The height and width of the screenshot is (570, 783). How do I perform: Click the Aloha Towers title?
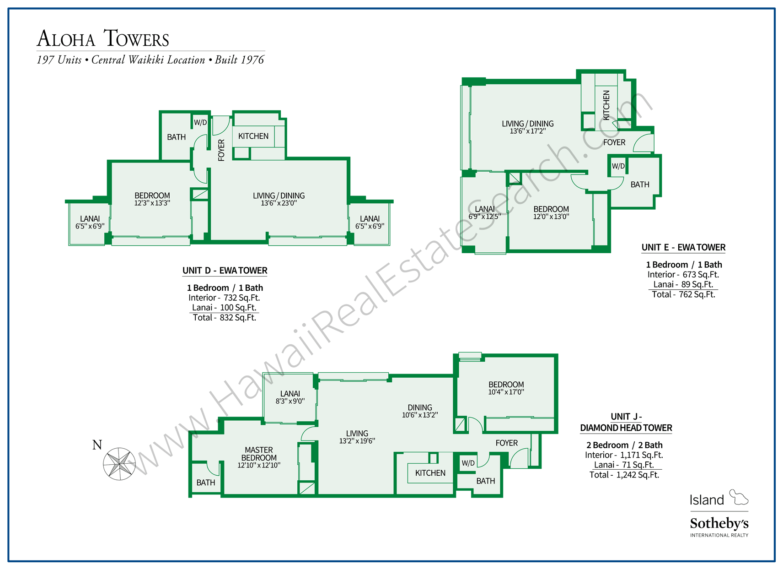[103, 38]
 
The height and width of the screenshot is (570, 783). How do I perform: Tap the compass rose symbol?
[119, 464]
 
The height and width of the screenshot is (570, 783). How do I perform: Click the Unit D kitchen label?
[253, 136]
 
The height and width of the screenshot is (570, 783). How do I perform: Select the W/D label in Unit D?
[200, 123]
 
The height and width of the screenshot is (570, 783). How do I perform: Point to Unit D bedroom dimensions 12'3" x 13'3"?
[152, 203]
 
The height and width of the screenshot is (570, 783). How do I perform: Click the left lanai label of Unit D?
[90, 218]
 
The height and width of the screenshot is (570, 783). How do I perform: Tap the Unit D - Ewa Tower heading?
[225, 271]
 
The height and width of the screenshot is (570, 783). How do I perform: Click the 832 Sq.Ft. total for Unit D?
[237, 318]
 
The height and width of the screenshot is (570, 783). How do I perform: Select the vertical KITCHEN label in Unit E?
[606, 105]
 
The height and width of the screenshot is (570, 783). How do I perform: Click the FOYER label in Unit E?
[614, 142]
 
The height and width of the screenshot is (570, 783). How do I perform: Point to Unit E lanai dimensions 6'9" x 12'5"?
[485, 217]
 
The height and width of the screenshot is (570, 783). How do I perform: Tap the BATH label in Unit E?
[639, 185]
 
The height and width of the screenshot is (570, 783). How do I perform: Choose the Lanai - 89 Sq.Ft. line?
[683, 284]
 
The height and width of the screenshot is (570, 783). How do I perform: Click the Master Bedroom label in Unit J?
[259, 454]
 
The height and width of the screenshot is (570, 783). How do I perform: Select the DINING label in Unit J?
[419, 407]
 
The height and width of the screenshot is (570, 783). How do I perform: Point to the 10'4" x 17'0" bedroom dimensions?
[506, 392]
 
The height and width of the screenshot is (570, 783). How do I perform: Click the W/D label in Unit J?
[468, 463]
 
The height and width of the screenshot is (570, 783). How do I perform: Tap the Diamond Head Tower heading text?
[626, 428]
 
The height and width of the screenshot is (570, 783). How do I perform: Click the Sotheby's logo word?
[719, 523]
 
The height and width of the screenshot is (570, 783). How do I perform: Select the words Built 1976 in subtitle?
[240, 60]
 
